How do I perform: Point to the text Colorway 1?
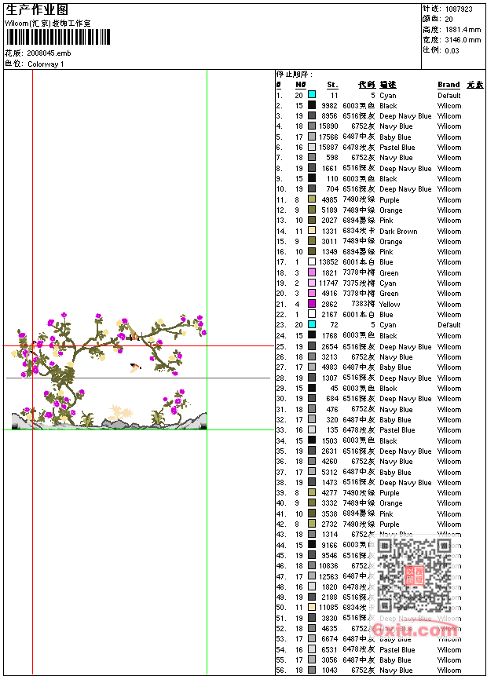tap(46, 64)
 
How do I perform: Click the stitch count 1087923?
tap(459, 9)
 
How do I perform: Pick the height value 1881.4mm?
tap(463, 29)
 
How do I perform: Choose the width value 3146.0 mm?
tap(463, 39)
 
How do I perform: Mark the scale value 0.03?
tap(452, 49)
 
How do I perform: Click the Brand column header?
tap(449, 85)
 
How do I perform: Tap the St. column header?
tap(332, 85)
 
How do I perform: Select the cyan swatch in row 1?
tap(312, 95)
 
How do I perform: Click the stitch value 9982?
tap(330, 106)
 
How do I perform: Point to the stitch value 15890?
tap(328, 126)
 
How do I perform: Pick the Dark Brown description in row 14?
tap(398, 232)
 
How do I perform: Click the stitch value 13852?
tap(328, 262)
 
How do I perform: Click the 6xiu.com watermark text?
tap(416, 629)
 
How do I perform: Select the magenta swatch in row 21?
tap(312, 304)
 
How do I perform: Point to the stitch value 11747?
tap(328, 283)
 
